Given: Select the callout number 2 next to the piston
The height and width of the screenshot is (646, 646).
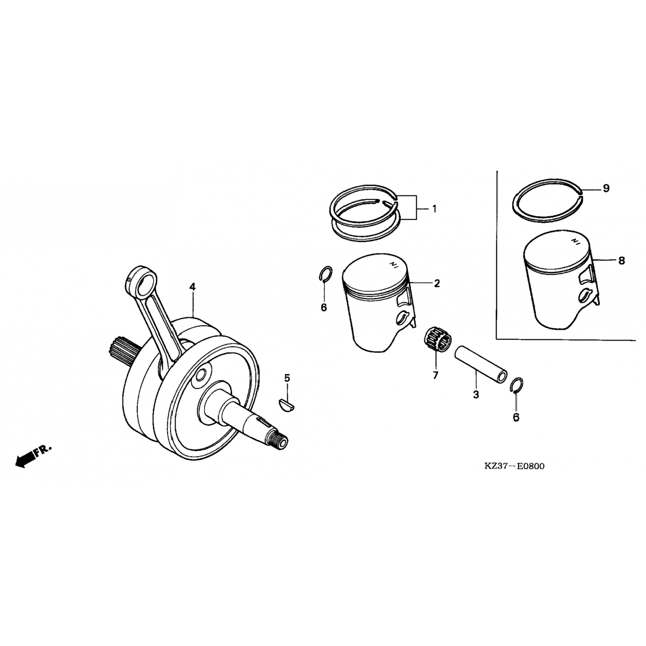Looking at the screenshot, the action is [x=437, y=283].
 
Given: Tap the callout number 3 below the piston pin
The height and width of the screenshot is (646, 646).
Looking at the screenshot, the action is [x=476, y=394].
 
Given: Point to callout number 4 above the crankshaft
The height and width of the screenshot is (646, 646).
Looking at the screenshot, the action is [x=192, y=286].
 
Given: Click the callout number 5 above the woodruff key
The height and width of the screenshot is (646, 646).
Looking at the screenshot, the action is [x=287, y=378].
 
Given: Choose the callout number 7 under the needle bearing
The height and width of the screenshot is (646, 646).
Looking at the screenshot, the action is [x=435, y=376].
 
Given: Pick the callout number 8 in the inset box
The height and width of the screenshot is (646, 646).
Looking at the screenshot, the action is [x=621, y=261].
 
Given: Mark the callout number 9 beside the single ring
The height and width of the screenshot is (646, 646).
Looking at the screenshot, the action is [x=606, y=188].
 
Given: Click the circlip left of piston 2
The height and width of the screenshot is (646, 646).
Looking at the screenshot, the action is [x=326, y=274].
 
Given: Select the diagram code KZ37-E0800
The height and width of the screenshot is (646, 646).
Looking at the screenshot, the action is [x=514, y=466].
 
